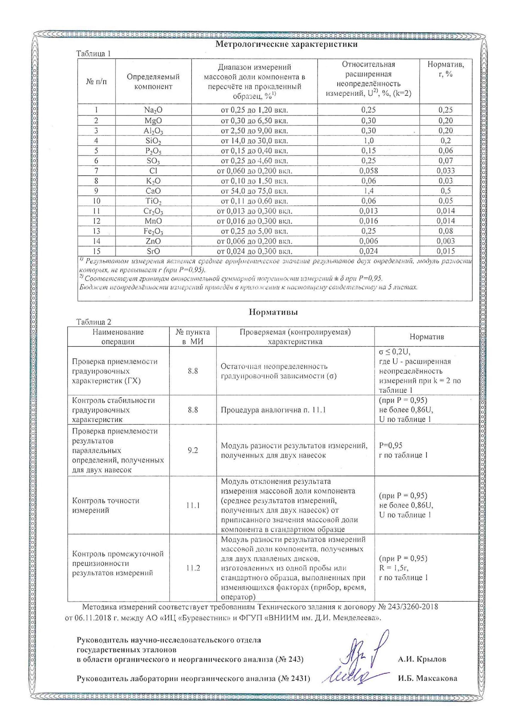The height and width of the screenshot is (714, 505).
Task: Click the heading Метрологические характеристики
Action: (x=286, y=44)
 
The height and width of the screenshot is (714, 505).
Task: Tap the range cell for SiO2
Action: (x=254, y=141)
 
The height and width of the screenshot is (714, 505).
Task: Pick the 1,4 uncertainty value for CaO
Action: (x=368, y=191)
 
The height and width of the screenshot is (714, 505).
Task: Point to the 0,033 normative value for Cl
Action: (x=445, y=171)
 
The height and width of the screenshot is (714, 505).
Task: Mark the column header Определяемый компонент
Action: (x=153, y=81)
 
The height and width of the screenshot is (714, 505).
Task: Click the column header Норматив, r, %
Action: (x=446, y=69)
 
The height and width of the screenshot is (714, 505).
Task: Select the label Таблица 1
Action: (x=94, y=54)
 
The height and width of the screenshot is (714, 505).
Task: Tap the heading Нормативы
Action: (x=273, y=312)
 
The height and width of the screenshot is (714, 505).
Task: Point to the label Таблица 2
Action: (x=94, y=322)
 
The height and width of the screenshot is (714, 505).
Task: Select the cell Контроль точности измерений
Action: (x=106, y=505)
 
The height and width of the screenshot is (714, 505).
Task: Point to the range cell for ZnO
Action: (x=254, y=241)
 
